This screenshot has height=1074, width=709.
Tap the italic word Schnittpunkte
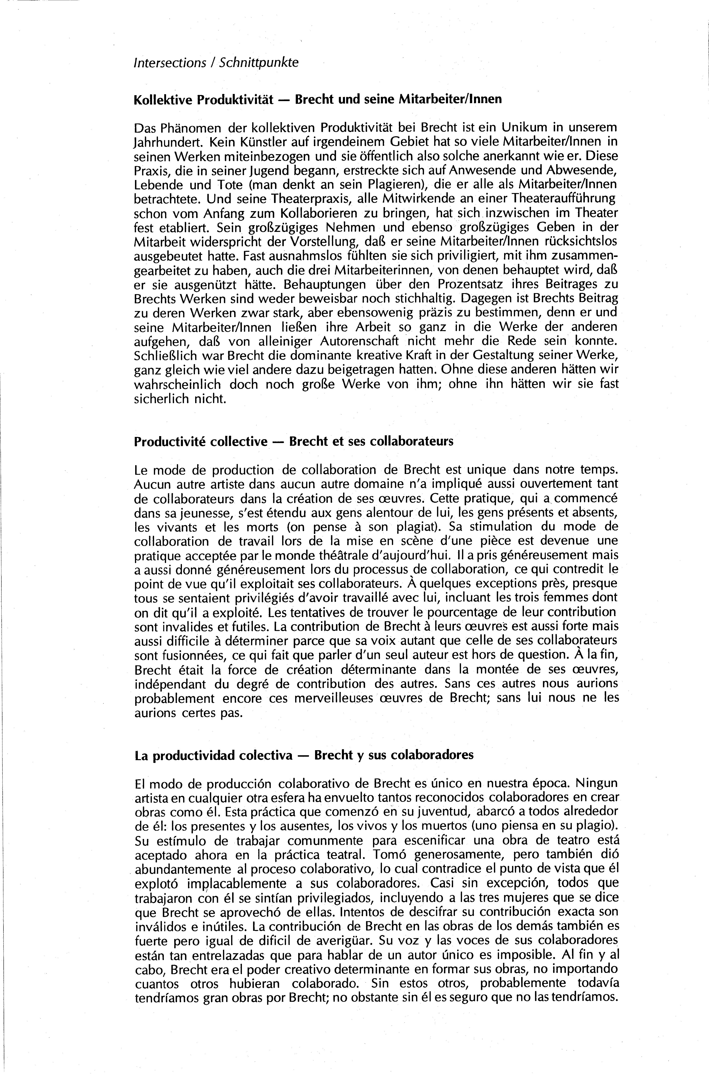[259, 62]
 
